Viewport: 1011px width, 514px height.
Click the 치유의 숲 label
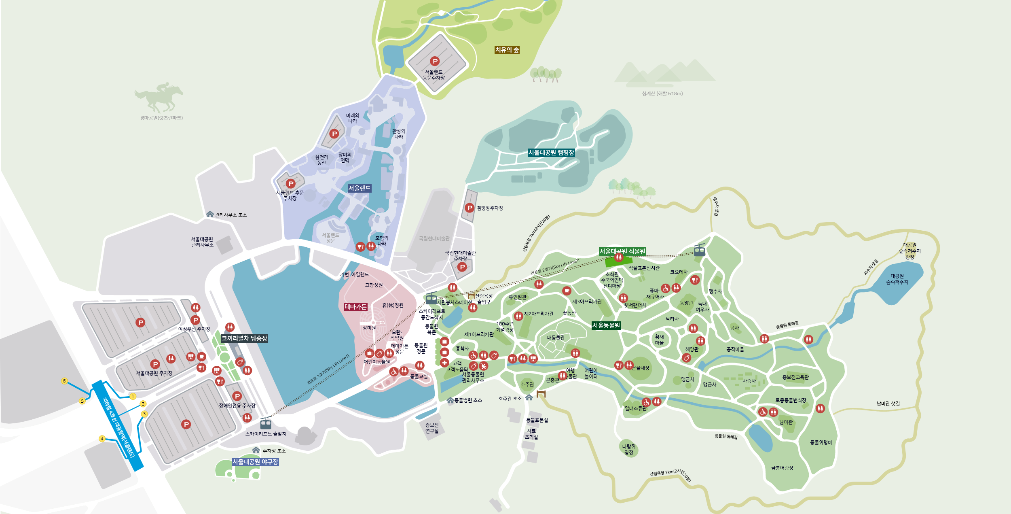coord(507,50)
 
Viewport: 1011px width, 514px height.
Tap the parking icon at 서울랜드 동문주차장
coord(435,61)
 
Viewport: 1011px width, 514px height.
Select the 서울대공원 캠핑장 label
coord(551,153)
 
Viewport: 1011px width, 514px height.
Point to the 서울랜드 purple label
coord(359,188)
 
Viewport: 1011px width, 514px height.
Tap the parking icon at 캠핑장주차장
coord(469,208)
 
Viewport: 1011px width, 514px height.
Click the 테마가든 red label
coord(355,307)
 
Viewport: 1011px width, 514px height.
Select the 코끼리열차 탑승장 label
coord(244,338)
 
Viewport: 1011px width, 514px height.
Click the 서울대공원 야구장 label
coord(255,462)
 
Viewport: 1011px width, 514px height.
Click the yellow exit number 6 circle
coord(64,381)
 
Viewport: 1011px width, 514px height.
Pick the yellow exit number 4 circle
coord(102,439)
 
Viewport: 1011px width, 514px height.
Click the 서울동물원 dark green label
coord(606,325)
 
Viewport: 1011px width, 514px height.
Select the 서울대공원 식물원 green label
coord(622,251)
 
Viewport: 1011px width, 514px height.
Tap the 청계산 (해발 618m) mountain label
coord(662,93)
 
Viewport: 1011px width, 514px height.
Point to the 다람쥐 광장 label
coord(628,449)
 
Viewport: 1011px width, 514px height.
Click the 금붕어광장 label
coord(782,468)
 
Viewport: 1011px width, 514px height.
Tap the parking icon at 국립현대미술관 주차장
coord(462,267)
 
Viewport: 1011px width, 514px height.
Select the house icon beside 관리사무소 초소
coord(210,214)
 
